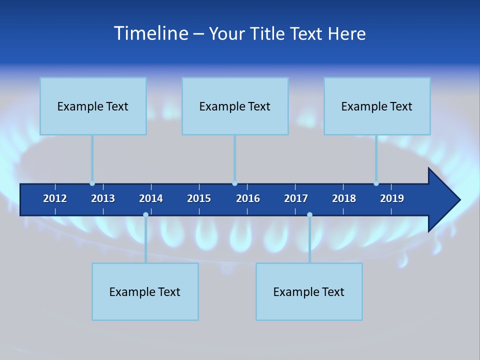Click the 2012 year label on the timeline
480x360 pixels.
click(x=55, y=198)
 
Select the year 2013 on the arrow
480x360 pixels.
click(x=103, y=198)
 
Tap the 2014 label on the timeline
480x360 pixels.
click(x=151, y=198)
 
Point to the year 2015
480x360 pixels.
click(x=199, y=198)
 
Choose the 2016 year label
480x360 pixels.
click(x=248, y=198)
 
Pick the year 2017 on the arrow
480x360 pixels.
click(x=296, y=198)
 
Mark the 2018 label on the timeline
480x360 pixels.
click(x=344, y=198)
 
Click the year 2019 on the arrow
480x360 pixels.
click(x=392, y=198)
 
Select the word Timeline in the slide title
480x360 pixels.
click(x=150, y=33)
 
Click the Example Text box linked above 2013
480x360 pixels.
click(x=93, y=106)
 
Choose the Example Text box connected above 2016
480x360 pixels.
click(x=235, y=106)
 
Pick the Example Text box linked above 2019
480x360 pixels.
click(x=377, y=106)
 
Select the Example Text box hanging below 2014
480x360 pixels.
click(x=145, y=291)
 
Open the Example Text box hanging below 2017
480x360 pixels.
click(x=309, y=291)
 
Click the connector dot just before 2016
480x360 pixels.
click(x=234, y=183)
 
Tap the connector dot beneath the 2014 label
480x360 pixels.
click(x=145, y=214)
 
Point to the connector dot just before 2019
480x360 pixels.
click(x=376, y=183)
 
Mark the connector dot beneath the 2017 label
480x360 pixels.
click(x=309, y=214)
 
